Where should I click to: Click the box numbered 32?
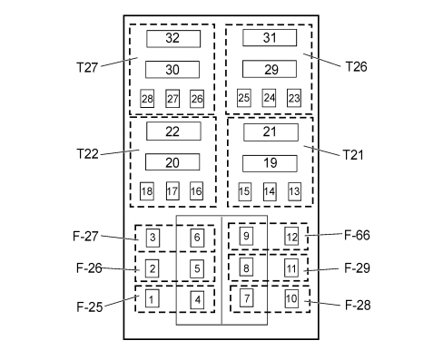(x=173, y=39)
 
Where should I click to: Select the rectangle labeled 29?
(x=270, y=69)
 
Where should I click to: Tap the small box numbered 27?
(x=172, y=99)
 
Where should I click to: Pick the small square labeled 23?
(x=294, y=98)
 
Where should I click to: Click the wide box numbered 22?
(x=173, y=131)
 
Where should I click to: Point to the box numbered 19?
(x=270, y=163)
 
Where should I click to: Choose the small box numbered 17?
(x=172, y=190)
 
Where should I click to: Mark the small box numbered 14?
(x=270, y=191)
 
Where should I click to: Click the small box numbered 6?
(x=197, y=238)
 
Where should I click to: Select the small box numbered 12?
(x=291, y=237)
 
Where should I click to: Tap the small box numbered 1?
(x=152, y=298)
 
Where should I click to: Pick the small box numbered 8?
(x=246, y=267)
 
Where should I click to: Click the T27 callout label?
(x=87, y=67)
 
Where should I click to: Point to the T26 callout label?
(x=356, y=66)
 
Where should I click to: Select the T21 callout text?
(x=353, y=155)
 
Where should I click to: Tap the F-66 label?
(x=357, y=235)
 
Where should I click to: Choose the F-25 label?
(x=90, y=307)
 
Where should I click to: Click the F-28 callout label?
(x=358, y=305)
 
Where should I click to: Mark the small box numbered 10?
(x=291, y=298)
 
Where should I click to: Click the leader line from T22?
(x=120, y=152)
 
